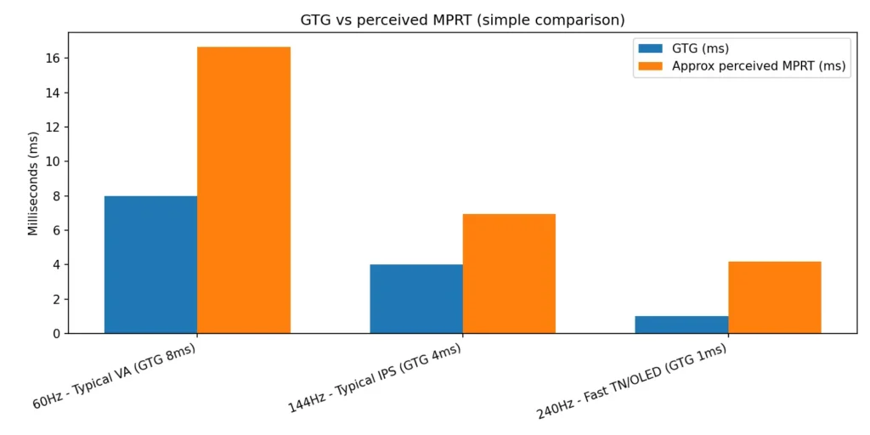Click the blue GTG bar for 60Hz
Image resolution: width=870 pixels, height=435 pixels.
point(150,264)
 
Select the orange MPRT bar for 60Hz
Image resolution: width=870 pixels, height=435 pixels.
point(244,189)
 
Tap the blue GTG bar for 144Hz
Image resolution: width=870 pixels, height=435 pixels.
point(416,298)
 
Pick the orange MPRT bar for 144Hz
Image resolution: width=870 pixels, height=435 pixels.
point(509,273)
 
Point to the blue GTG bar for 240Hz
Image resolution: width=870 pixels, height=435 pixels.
point(681,325)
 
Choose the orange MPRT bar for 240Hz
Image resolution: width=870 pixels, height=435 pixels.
point(775,297)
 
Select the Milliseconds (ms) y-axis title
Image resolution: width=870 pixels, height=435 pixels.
point(33,183)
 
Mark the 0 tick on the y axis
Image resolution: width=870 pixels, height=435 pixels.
point(55,333)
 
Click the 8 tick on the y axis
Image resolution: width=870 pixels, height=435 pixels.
point(55,195)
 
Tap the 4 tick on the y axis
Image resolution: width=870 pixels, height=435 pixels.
point(55,264)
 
